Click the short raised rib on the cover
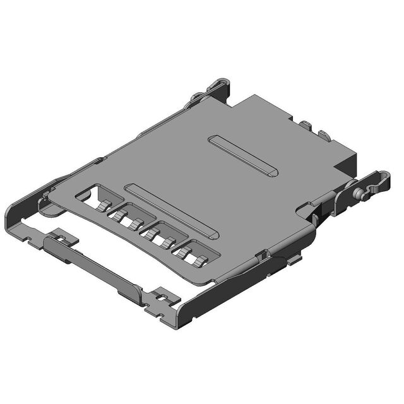click(x=242, y=155)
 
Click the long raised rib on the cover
click(x=172, y=211)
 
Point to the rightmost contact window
click(x=196, y=252)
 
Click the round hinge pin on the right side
click(x=360, y=194)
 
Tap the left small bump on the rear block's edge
click(x=305, y=126)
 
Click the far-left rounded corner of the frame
click(x=13, y=218)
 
